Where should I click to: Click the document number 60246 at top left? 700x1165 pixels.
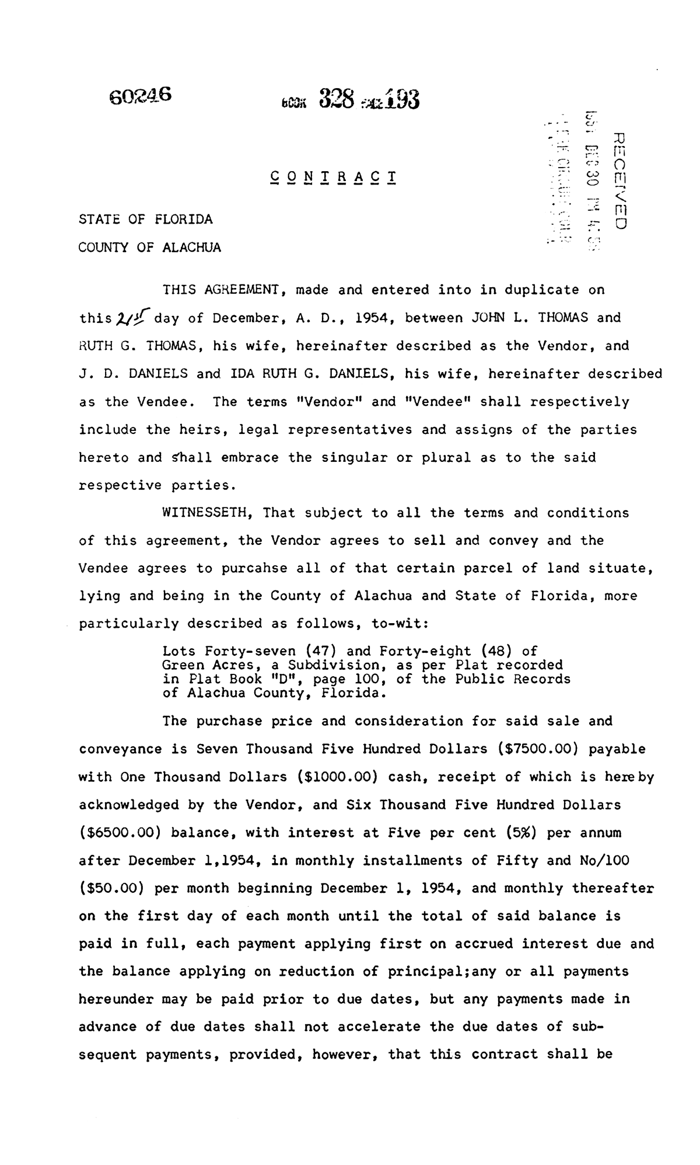pos(141,95)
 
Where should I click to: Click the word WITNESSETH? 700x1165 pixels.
pos(206,513)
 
